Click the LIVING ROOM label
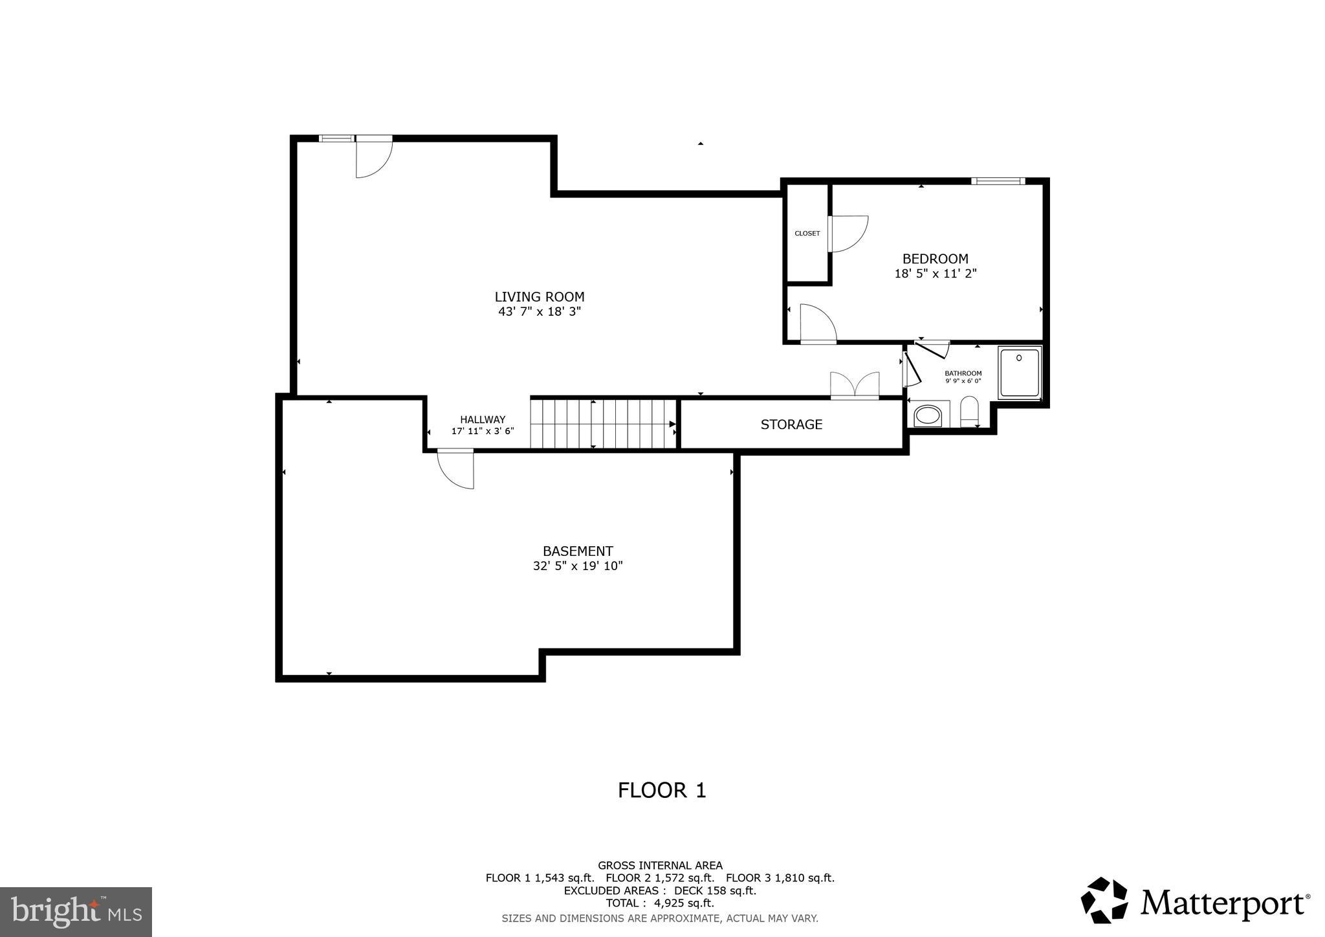tap(539, 297)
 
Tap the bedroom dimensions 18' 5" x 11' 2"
tap(935, 274)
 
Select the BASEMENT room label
tap(577, 551)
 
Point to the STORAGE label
tap(791, 424)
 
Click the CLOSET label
tap(807, 234)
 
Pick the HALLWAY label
tap(483, 419)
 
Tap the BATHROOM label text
tap(963, 373)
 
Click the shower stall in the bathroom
tap(1019, 373)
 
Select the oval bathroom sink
tap(928, 415)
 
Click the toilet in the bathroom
tap(969, 412)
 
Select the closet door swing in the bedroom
tap(848, 234)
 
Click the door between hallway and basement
tap(457, 469)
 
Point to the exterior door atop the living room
tap(373, 157)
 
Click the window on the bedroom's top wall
tap(998, 181)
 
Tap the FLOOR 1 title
tap(662, 790)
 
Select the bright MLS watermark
tap(76, 912)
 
